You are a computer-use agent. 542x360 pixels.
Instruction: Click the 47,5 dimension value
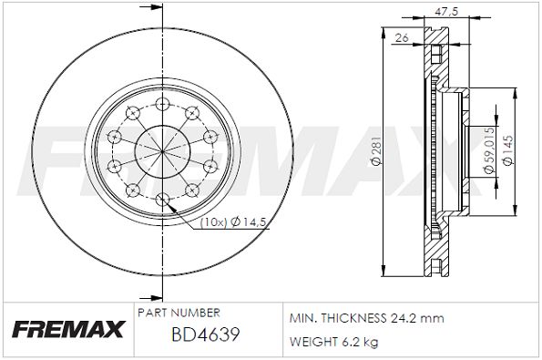click(x=446, y=12)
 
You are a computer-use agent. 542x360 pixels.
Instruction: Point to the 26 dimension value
click(x=402, y=37)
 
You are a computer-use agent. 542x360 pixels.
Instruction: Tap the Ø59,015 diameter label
click(x=489, y=150)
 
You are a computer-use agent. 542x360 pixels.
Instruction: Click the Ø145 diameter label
click(x=507, y=150)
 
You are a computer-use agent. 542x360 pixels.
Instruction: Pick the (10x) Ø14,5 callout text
click(x=234, y=222)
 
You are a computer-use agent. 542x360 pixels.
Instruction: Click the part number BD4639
click(x=206, y=334)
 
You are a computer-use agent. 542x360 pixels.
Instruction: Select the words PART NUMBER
click(x=179, y=313)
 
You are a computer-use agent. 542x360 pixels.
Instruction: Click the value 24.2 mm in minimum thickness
click(x=417, y=318)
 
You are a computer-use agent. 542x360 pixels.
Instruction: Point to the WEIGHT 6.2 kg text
click(x=334, y=342)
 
